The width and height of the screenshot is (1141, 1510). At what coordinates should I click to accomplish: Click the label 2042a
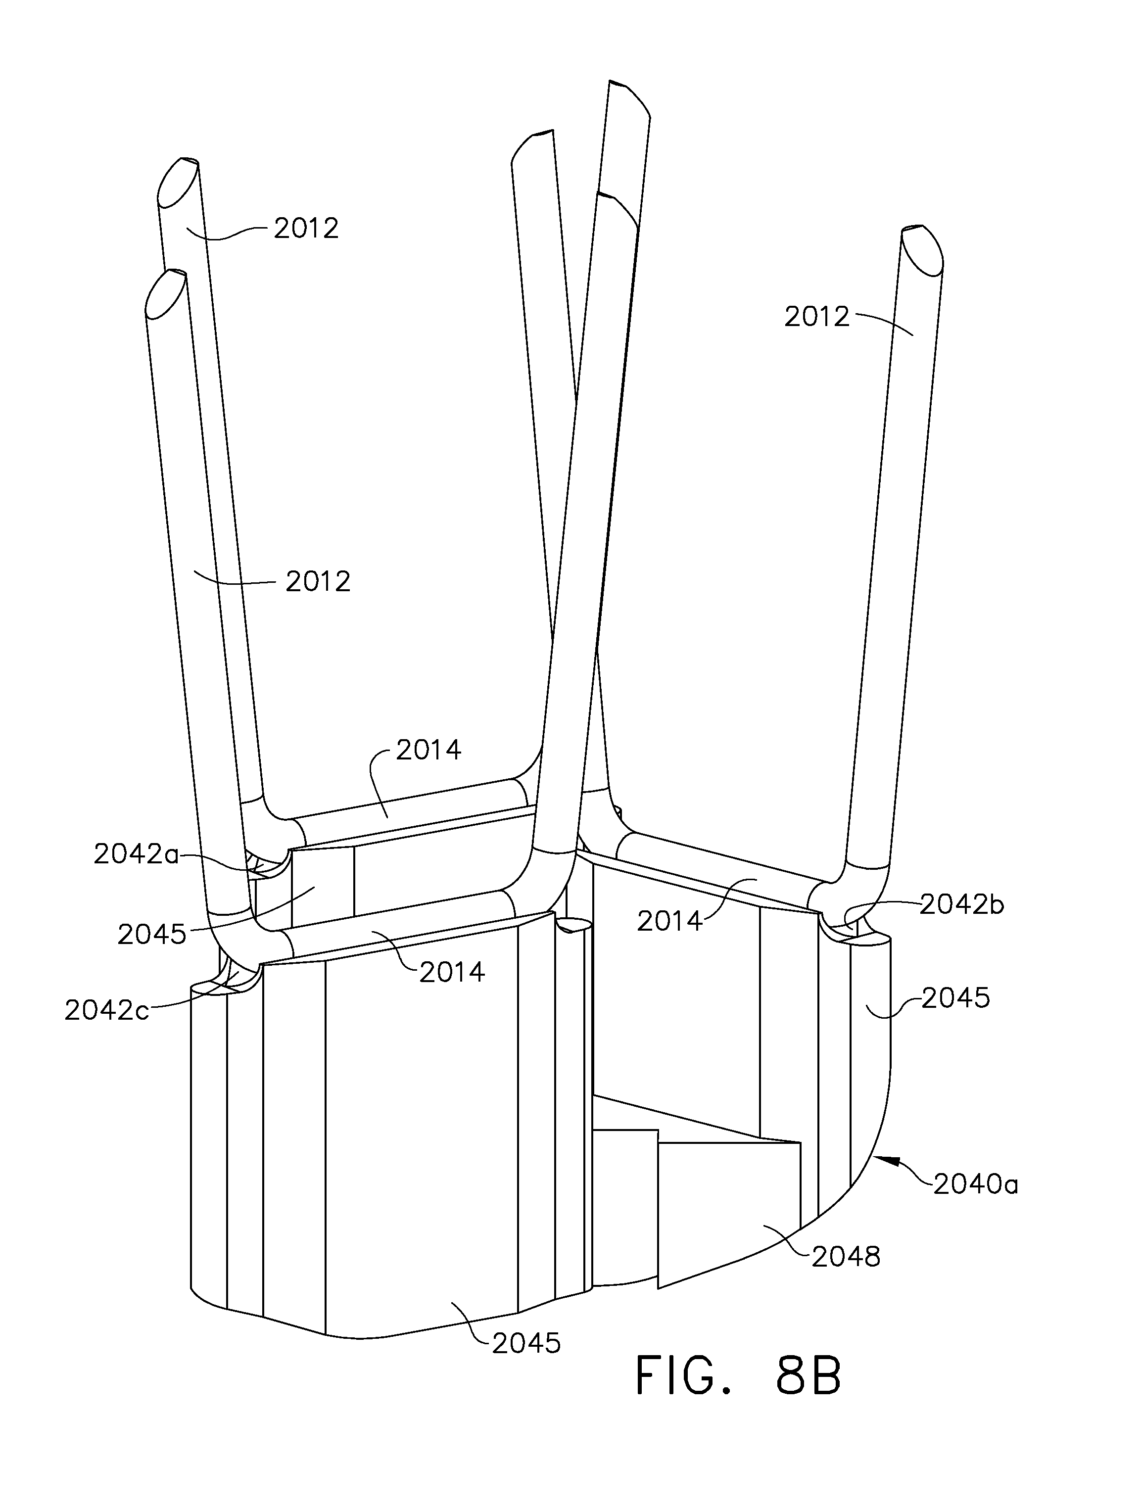tap(136, 854)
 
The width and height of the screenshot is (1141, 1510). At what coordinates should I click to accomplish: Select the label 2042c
tap(106, 1010)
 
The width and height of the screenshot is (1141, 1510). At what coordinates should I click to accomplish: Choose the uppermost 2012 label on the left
tap(307, 228)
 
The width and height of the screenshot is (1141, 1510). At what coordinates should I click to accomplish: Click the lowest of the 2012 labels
tap(318, 581)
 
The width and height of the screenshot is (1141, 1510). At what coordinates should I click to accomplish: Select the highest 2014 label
tap(429, 750)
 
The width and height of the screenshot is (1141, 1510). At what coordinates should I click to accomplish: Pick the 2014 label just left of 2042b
tap(670, 922)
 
